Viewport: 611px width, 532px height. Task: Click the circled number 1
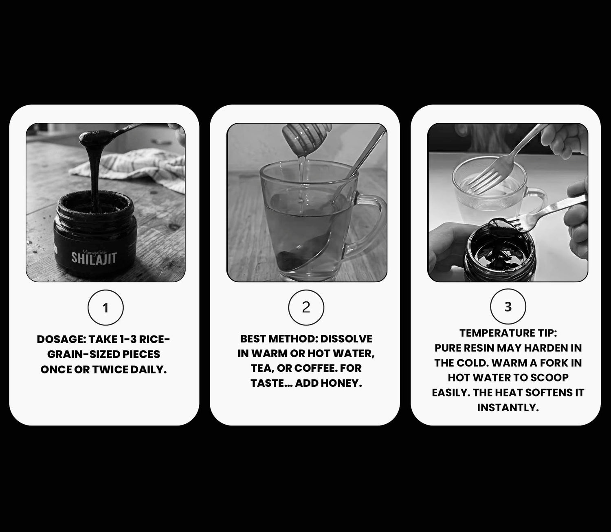coord(105,307)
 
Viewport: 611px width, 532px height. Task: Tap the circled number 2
coord(306,307)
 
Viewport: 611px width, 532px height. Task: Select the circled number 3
coord(508,307)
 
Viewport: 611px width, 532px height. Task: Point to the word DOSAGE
coord(62,339)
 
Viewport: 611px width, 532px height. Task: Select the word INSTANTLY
coord(508,408)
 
